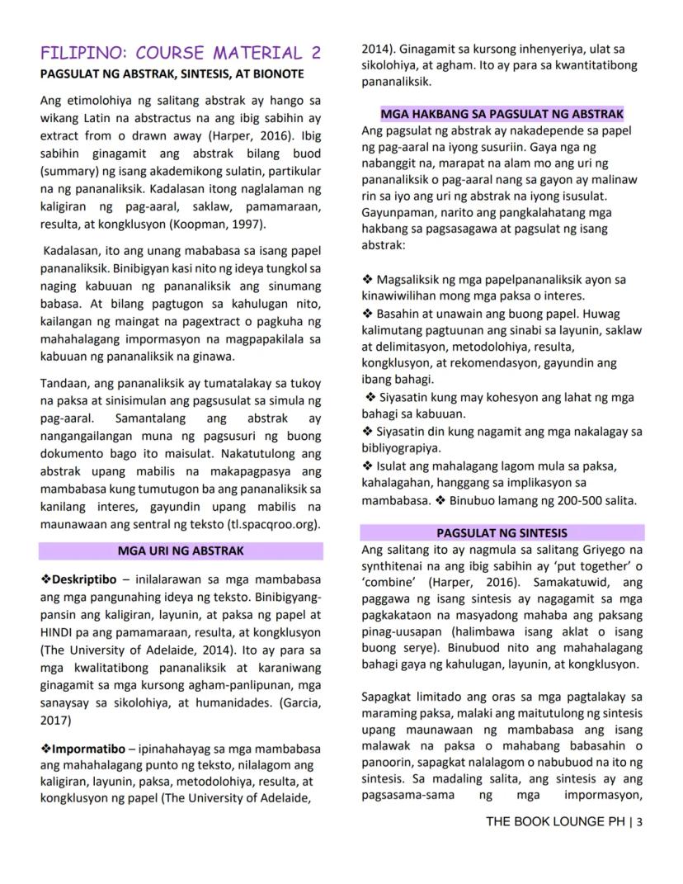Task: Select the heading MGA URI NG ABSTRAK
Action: [x=180, y=551]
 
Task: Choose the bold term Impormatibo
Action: [x=87, y=749]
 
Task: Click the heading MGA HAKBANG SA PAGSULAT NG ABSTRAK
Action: [x=502, y=114]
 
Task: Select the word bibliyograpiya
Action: [x=405, y=448]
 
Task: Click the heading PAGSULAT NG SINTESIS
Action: [x=502, y=533]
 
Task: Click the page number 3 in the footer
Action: [x=640, y=821]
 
